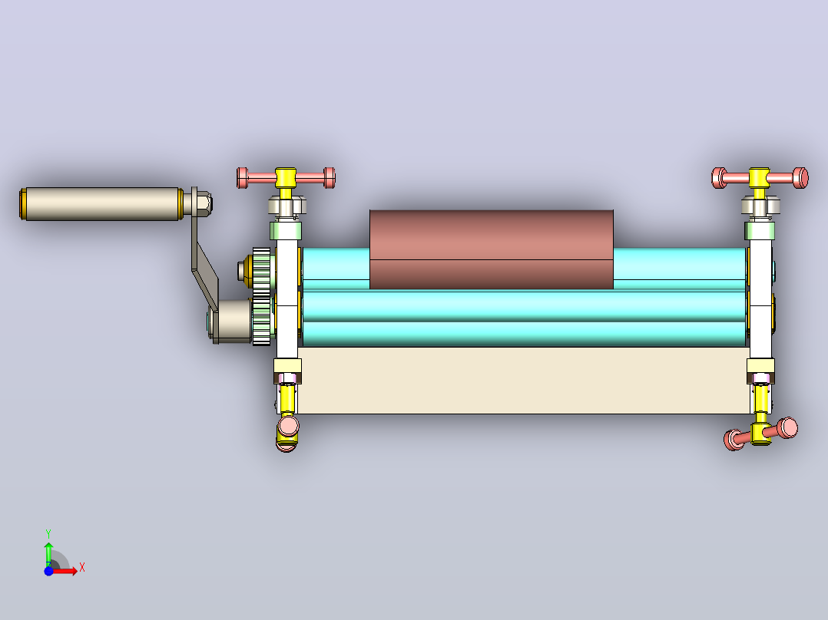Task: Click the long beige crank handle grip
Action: click(102, 203)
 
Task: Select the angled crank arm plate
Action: click(204, 264)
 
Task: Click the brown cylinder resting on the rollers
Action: click(491, 249)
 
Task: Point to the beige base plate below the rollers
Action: click(523, 380)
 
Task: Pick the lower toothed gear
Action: click(262, 322)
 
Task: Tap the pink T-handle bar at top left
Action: click(286, 178)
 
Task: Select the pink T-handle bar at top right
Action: click(760, 178)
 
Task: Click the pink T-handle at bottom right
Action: click(761, 434)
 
